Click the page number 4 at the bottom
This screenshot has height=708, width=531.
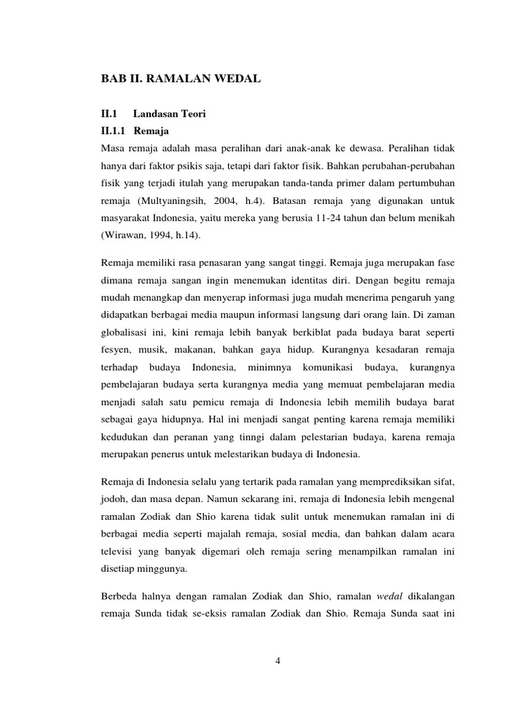(x=277, y=660)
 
